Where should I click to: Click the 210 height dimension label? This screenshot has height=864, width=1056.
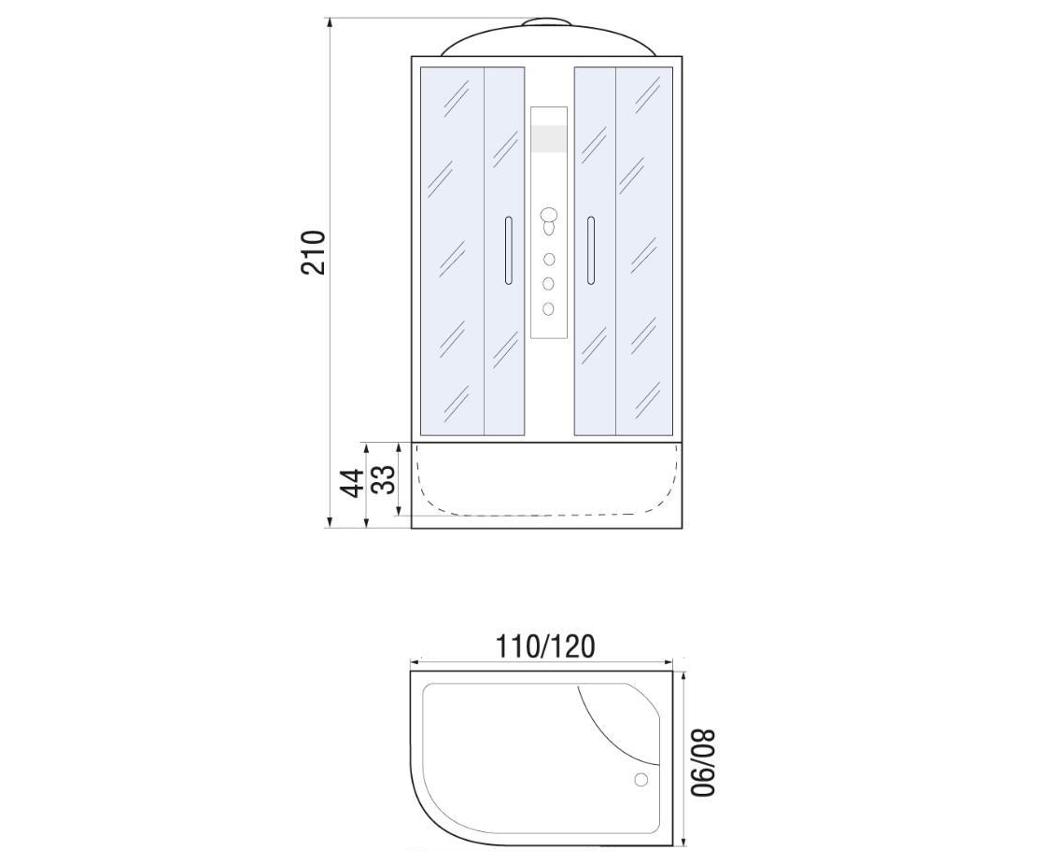tap(313, 253)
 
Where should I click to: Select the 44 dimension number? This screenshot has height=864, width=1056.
tap(352, 483)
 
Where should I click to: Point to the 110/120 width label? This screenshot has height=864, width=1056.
tap(545, 646)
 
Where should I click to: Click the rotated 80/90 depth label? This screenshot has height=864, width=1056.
tap(704, 763)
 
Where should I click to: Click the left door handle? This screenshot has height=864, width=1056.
tap(509, 250)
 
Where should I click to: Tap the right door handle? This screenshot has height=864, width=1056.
tap(591, 250)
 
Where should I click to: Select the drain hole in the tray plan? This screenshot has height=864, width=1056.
tap(641, 780)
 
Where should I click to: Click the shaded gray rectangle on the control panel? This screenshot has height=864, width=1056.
tap(549, 138)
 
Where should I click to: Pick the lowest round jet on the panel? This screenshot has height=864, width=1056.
tap(549, 308)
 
